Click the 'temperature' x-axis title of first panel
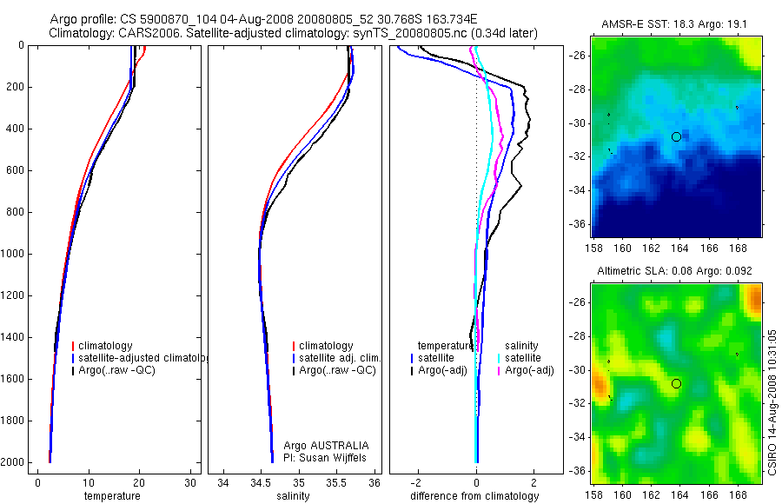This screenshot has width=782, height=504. pyautogui.click(x=111, y=496)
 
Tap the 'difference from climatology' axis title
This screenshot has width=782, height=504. pyautogui.click(x=474, y=496)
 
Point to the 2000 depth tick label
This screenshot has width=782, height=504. pyautogui.click(x=14, y=462)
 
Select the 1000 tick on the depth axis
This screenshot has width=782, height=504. pyautogui.click(x=14, y=254)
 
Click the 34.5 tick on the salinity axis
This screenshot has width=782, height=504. pyautogui.click(x=260, y=482)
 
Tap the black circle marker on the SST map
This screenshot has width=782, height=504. pyautogui.click(x=676, y=136)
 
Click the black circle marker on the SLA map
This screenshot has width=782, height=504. pyautogui.click(x=676, y=383)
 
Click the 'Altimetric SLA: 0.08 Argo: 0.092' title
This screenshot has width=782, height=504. pyautogui.click(x=675, y=271)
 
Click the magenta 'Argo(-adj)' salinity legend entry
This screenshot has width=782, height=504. pyautogui.click(x=529, y=371)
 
